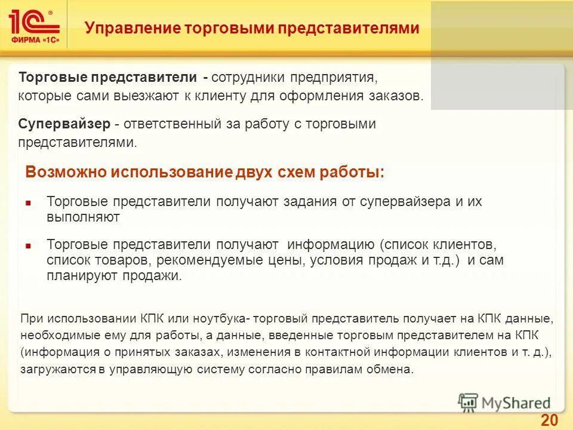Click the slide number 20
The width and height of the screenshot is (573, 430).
pos(549,420)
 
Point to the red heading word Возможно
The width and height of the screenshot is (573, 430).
pos(65,173)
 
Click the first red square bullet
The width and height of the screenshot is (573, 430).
pos(29,202)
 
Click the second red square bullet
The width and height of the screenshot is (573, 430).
pos(29,245)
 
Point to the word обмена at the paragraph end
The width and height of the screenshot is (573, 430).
pos(392,369)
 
